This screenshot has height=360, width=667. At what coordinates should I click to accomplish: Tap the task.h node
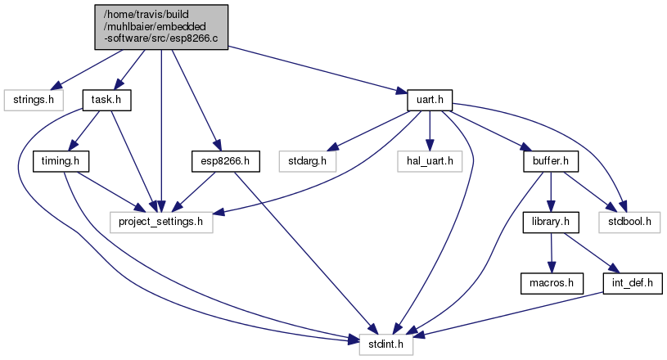click(x=106, y=101)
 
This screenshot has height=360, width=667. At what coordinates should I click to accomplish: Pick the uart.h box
click(x=430, y=101)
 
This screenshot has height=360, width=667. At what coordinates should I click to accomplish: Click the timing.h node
click(x=61, y=161)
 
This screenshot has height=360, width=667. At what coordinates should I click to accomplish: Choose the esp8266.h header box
click(x=225, y=161)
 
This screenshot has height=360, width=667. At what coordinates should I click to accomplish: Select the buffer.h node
click(x=550, y=161)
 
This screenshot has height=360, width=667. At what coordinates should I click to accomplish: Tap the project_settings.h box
click(x=161, y=222)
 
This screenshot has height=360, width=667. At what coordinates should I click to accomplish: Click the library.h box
click(x=550, y=222)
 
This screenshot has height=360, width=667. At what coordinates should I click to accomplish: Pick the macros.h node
click(x=550, y=283)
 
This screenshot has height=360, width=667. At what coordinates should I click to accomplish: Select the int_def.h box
click(x=633, y=283)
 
